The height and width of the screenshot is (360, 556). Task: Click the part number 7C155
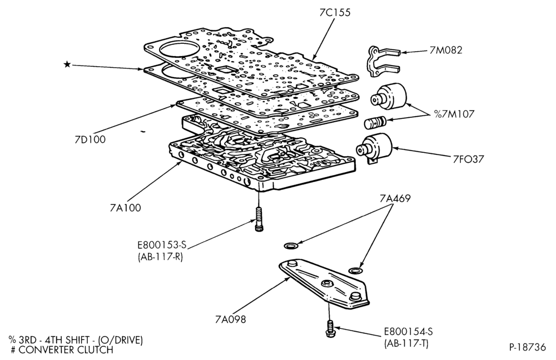335,12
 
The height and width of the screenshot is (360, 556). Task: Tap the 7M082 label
446,51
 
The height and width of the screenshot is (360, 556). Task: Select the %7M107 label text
454,114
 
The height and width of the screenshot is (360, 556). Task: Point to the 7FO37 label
468,159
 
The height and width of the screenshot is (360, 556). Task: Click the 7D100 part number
90,139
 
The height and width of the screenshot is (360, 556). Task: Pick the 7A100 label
125,208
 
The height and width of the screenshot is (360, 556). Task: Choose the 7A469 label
395,198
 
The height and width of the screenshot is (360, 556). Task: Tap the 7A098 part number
230,319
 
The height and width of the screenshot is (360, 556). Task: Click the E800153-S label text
162,245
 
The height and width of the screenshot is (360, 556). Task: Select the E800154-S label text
408,332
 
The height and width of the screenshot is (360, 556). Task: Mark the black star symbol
67,64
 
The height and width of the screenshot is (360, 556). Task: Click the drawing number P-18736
527,347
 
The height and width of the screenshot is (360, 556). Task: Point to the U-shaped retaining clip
383,61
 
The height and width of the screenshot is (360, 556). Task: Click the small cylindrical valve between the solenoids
375,122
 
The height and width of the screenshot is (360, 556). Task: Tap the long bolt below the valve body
259,219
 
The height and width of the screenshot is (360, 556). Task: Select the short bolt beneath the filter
329,329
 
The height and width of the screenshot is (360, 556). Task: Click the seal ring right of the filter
355,271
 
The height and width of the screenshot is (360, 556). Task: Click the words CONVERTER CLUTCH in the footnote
66,350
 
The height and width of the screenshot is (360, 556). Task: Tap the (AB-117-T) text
406,343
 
